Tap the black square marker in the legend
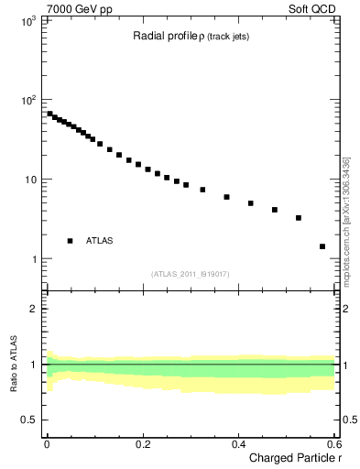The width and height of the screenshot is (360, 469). coord(70,241)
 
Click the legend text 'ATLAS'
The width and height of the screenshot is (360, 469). coord(100,241)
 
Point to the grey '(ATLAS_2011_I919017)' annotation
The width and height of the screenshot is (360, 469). coord(191,274)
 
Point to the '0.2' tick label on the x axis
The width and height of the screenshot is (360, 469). coord(142,444)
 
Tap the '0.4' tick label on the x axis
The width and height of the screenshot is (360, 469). coord(238,444)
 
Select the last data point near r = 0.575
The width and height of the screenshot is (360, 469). coord(322,246)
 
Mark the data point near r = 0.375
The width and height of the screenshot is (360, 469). coord(226,197)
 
